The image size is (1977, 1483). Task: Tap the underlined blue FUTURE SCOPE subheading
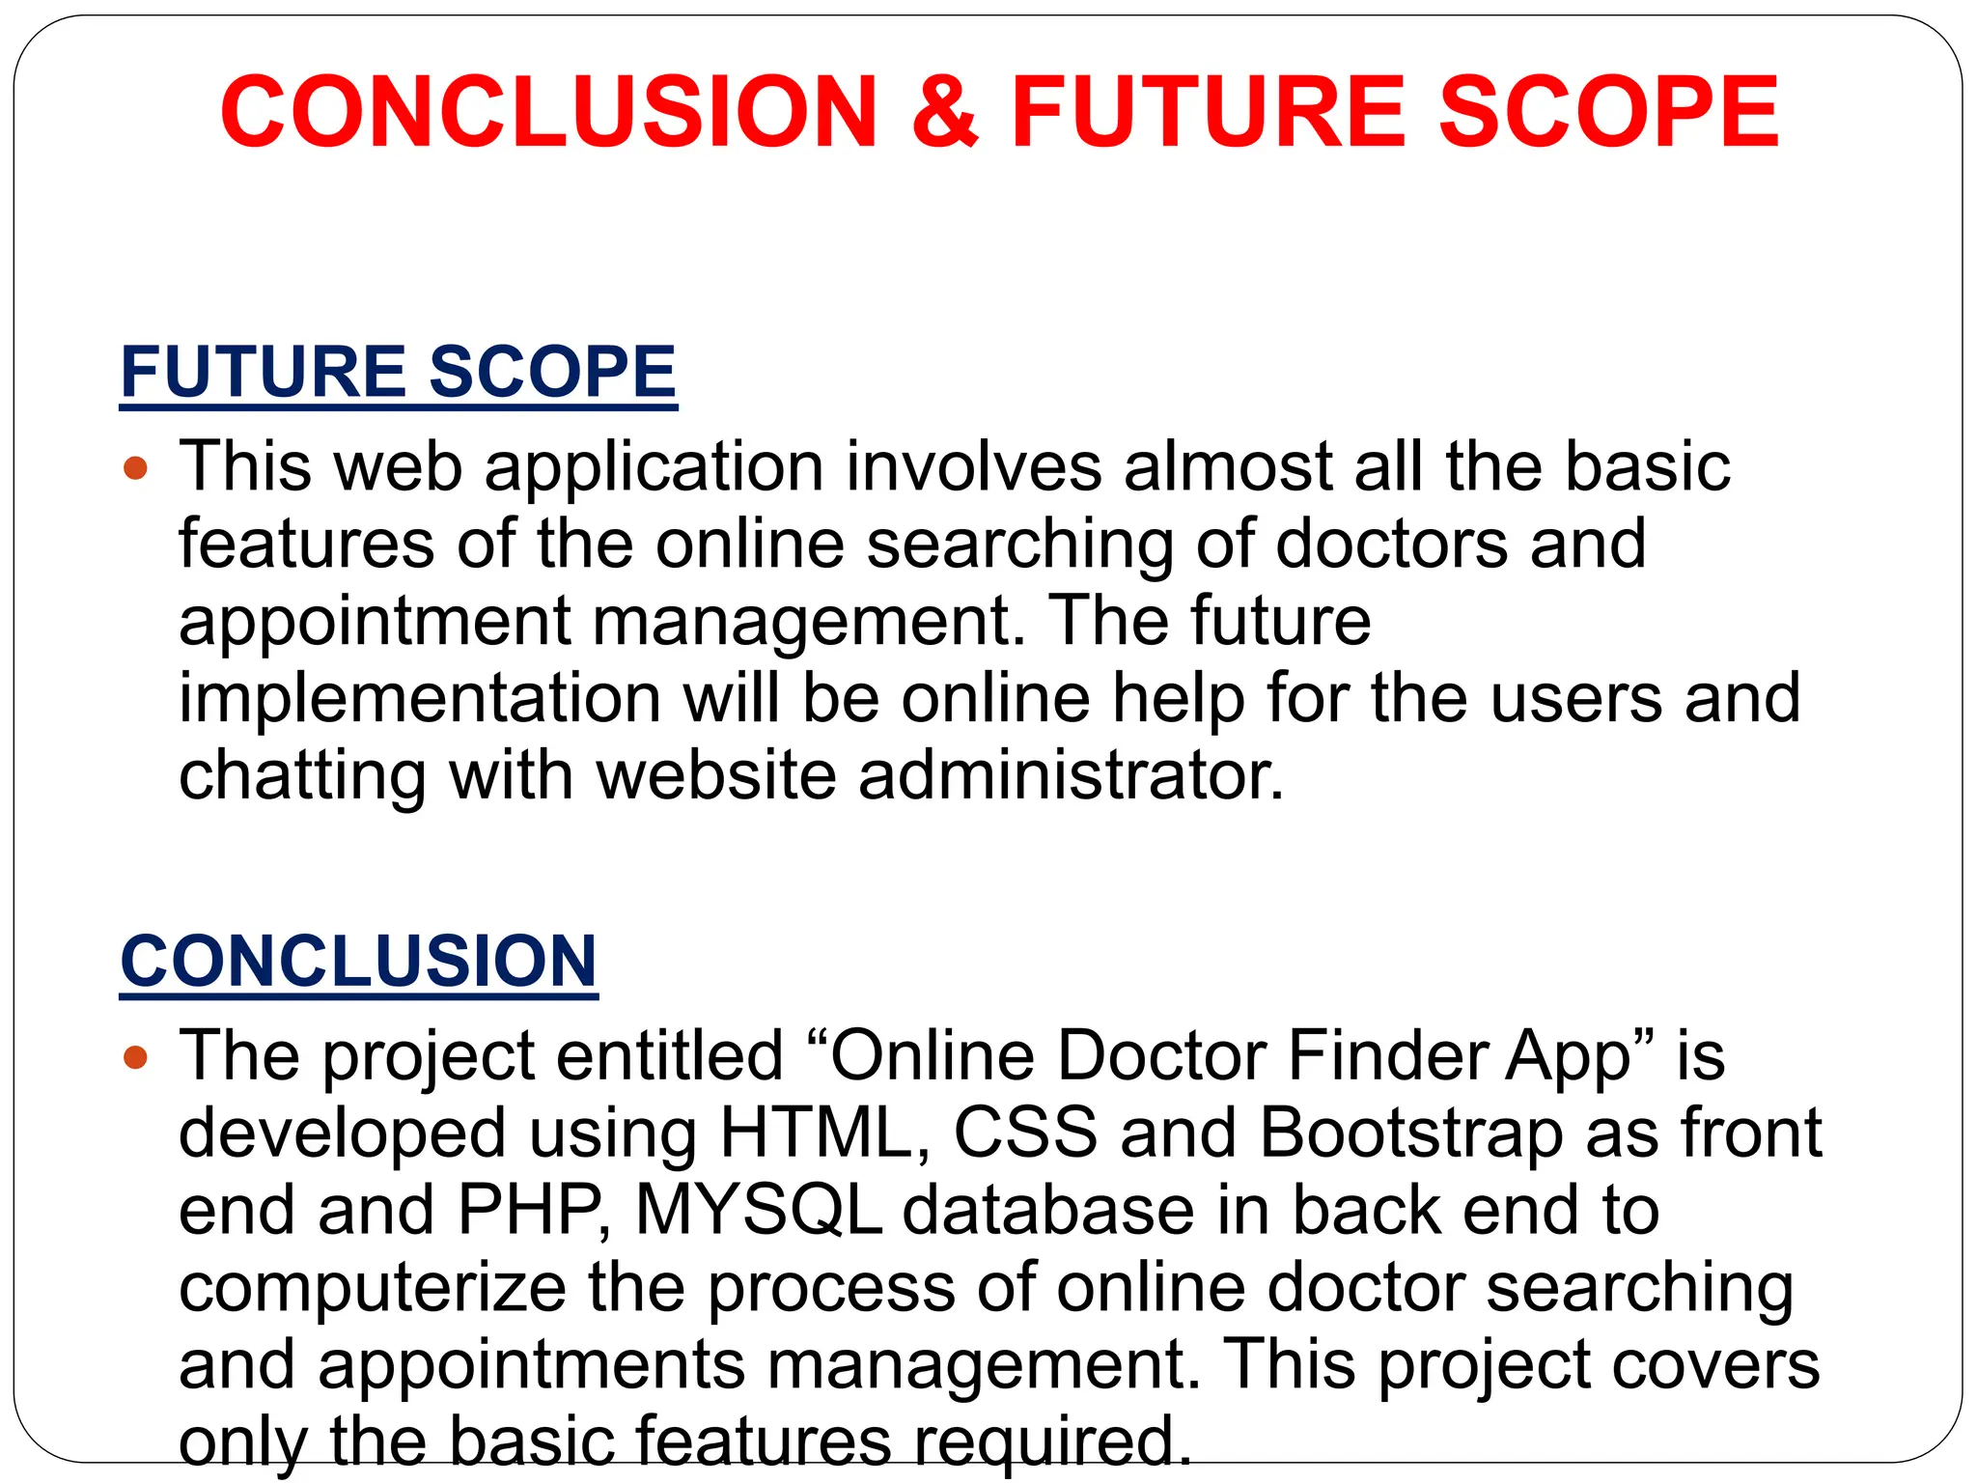(x=398, y=372)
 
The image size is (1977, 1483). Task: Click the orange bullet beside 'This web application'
(x=136, y=469)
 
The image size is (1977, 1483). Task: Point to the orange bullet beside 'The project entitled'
(x=136, y=1058)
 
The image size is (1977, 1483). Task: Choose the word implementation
(x=420, y=699)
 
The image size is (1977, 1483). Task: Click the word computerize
(x=373, y=1288)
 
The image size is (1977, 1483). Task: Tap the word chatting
(x=302, y=777)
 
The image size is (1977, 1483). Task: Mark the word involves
(x=974, y=467)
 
